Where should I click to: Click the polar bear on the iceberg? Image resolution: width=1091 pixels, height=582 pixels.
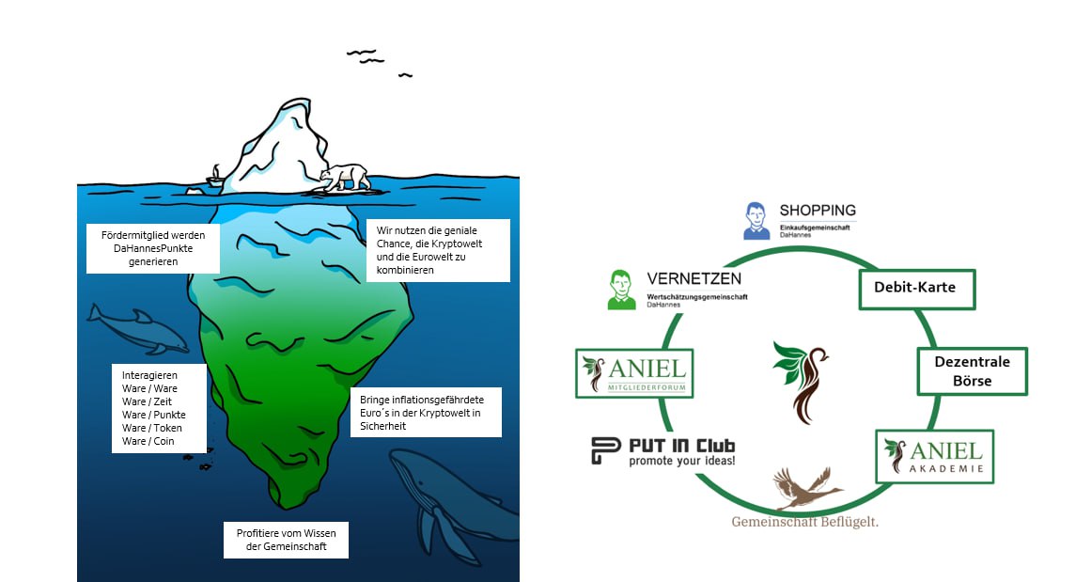point(344,177)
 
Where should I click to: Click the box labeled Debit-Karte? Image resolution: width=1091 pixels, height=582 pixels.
point(917,288)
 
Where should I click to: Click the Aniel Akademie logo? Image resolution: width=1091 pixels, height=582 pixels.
point(934,456)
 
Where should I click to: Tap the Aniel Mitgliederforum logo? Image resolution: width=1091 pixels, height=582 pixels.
point(634,373)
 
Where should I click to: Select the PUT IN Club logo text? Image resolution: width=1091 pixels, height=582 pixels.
point(663,451)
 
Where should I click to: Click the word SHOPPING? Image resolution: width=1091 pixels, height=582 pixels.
point(818,210)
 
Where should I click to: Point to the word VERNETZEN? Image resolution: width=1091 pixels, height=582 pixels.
point(694,278)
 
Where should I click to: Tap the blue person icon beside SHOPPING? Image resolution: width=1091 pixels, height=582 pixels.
point(756,220)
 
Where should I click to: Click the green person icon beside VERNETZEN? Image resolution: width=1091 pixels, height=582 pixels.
point(620,289)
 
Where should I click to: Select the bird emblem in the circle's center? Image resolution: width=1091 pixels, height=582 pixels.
point(800,381)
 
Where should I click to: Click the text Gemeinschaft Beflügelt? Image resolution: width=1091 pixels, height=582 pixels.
point(805,522)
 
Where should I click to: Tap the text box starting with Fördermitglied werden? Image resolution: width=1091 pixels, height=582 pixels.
point(152,248)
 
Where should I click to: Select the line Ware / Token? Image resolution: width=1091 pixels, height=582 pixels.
point(152,428)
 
